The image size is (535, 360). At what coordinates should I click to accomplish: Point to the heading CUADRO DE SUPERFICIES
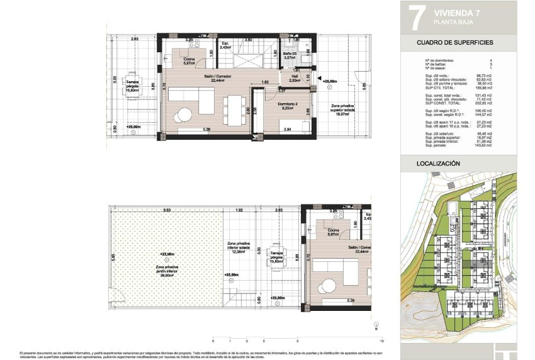click(455, 43)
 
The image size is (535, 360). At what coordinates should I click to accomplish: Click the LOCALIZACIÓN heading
click(438, 164)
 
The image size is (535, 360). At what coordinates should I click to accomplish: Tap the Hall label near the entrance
click(294, 77)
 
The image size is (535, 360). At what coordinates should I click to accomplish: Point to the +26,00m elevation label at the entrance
click(330, 81)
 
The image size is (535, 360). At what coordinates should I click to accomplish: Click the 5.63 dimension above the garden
click(167, 210)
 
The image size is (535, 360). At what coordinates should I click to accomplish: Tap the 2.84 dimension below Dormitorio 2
click(287, 129)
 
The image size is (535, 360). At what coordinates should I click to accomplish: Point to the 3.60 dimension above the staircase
click(248, 40)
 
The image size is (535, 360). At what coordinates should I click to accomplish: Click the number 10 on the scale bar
click(382, 340)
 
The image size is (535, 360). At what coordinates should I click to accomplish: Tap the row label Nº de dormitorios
click(440, 60)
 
